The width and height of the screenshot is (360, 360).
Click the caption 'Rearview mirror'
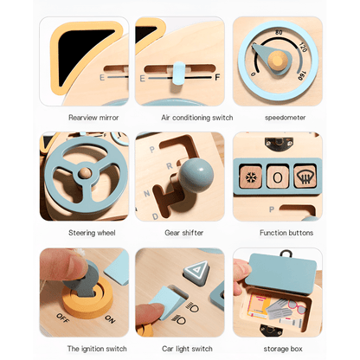[x=93, y=118]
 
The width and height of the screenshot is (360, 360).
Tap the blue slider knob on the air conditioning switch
[x=179, y=74]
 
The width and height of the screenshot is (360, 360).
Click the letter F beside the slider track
[x=217, y=77]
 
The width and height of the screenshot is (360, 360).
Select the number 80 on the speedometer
[x=279, y=32]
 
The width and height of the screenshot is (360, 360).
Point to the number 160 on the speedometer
[x=301, y=75]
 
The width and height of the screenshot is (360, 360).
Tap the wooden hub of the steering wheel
[x=85, y=173]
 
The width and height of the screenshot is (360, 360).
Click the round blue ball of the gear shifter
[x=196, y=175]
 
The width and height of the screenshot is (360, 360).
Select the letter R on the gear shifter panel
[x=170, y=166]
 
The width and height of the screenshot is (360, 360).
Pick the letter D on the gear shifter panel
[x=155, y=216]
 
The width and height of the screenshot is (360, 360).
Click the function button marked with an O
[x=278, y=177]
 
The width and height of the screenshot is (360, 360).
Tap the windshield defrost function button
[x=305, y=176]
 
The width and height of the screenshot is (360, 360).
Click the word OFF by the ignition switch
[x=62, y=318]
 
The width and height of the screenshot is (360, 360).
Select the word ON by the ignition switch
[x=110, y=319]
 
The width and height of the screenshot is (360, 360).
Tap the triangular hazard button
[x=197, y=271]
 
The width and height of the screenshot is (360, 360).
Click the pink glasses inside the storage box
[x=297, y=307]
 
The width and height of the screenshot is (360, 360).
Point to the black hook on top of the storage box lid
[x=286, y=254]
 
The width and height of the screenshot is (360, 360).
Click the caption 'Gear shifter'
[x=184, y=233]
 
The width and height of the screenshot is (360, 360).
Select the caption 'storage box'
[x=283, y=349]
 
